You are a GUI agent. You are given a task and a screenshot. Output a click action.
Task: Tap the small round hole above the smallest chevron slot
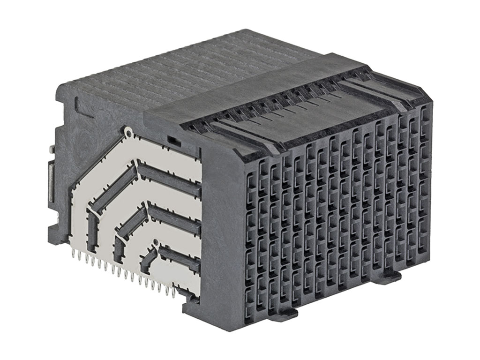156,242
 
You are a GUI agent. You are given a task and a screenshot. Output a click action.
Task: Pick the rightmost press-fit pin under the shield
174,294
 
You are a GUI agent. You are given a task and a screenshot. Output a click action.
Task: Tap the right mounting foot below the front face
389,277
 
